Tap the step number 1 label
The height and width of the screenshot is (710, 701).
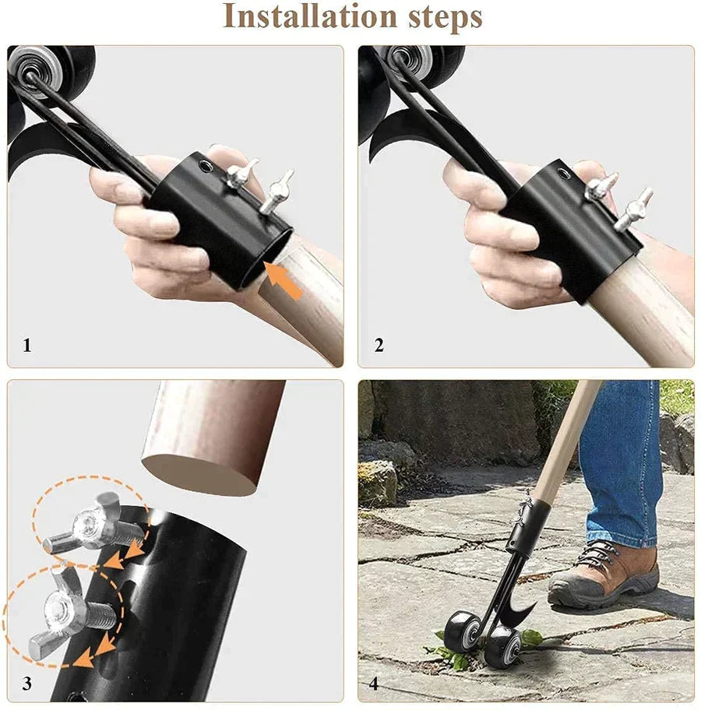point(27,345)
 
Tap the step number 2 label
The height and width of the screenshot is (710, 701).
point(379,345)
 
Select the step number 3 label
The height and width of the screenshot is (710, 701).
point(27,684)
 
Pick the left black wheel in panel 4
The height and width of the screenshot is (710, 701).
point(461,631)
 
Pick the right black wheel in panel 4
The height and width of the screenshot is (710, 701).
point(502,648)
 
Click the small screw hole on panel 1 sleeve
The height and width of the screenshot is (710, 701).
point(206,165)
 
